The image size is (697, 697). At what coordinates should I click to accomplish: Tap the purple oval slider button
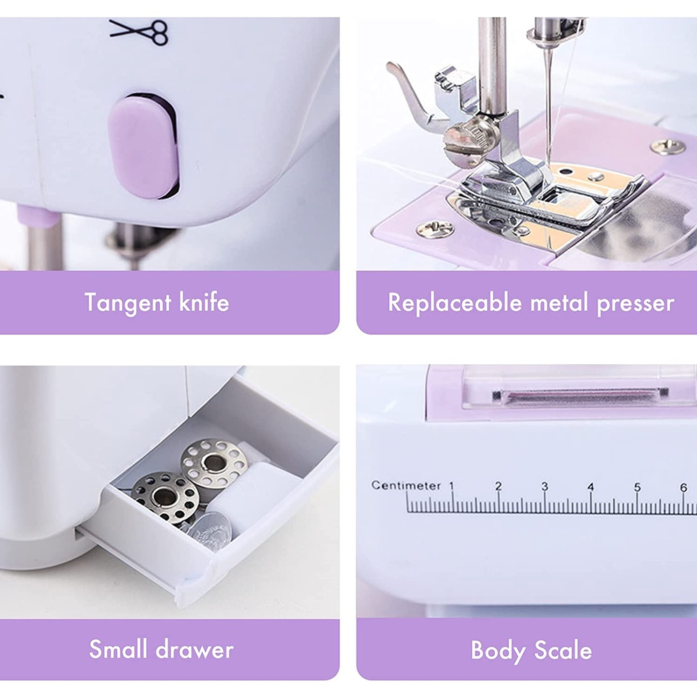click(x=144, y=148)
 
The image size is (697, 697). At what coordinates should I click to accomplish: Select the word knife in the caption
click(x=204, y=302)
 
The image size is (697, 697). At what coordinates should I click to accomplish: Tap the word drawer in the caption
click(x=197, y=649)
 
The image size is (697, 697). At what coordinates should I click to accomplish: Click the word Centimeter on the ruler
click(x=406, y=485)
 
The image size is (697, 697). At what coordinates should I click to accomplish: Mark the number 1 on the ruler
click(x=451, y=486)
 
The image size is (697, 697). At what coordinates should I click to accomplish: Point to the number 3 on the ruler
click(x=545, y=486)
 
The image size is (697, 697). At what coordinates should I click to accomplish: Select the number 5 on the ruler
click(x=637, y=487)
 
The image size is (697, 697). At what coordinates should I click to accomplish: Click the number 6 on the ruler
click(x=683, y=487)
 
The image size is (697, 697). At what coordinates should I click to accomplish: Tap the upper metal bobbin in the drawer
click(x=214, y=463)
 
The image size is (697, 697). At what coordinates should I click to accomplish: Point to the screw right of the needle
click(x=667, y=145)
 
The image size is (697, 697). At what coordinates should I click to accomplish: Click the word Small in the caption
click(x=118, y=649)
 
